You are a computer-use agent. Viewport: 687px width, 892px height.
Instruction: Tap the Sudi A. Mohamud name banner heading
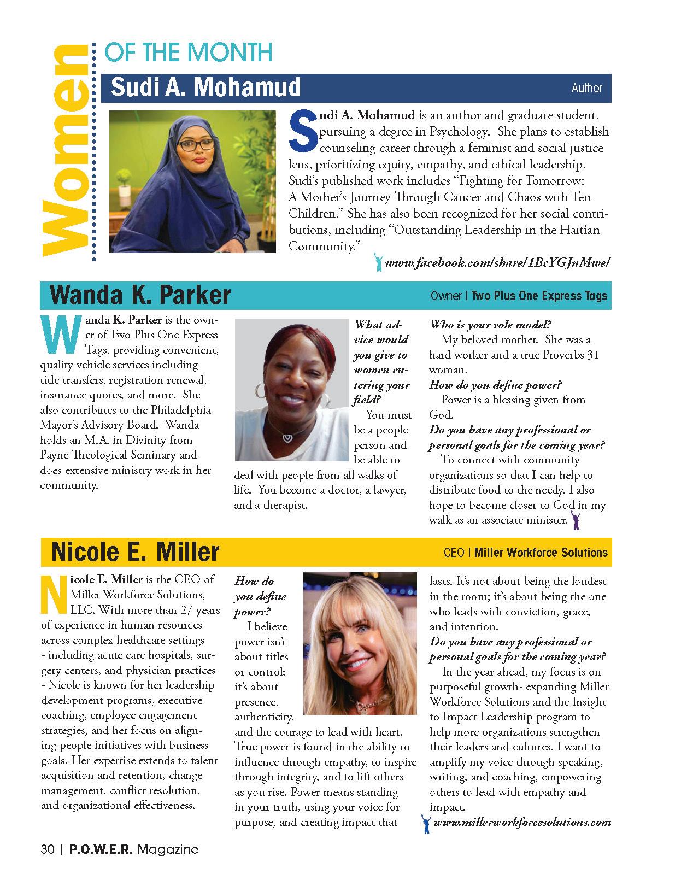(x=205, y=87)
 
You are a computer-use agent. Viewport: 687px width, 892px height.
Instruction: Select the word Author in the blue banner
(x=586, y=88)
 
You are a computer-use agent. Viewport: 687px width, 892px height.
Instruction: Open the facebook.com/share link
(x=497, y=263)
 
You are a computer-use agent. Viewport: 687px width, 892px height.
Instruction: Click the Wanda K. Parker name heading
(x=140, y=296)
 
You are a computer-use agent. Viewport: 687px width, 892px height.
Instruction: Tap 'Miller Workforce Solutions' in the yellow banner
(x=541, y=553)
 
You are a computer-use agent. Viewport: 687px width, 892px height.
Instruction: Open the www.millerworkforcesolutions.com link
(x=521, y=822)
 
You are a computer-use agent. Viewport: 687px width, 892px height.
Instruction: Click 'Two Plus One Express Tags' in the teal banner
(x=539, y=296)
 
